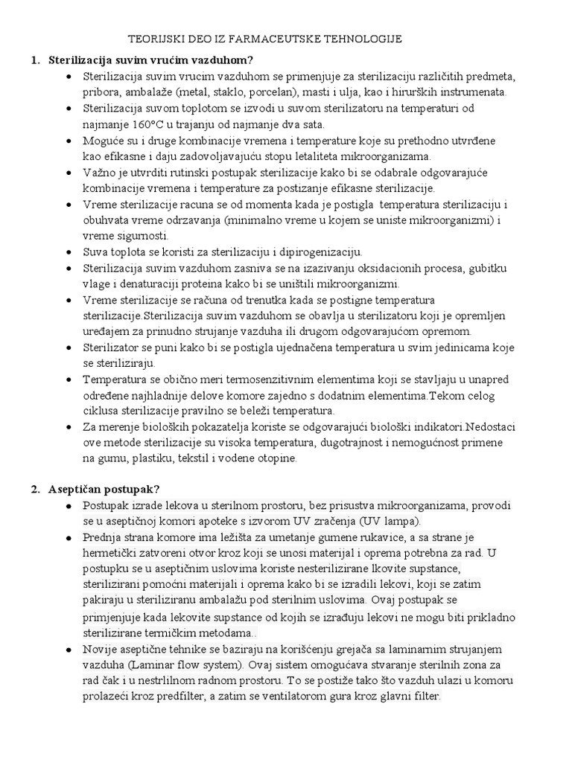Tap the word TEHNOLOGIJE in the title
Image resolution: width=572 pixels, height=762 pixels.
click(x=361, y=39)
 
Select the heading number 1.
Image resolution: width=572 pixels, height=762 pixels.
click(x=35, y=60)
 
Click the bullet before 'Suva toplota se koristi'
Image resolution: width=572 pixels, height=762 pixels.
click(x=69, y=252)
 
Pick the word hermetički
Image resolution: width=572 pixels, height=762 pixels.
click(x=116, y=554)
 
